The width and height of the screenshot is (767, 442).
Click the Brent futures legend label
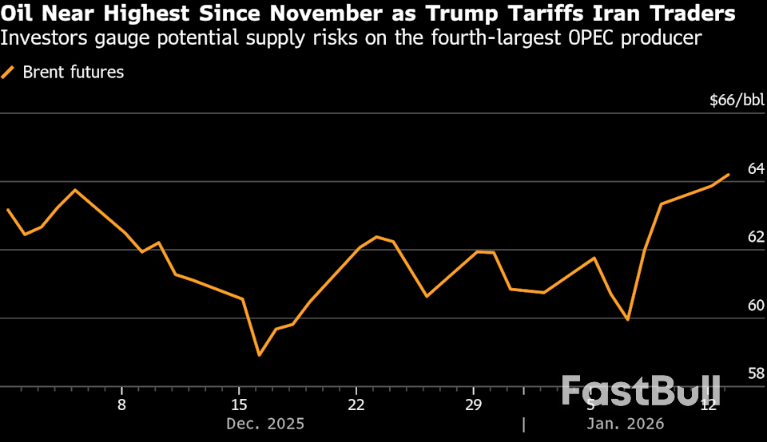(x=74, y=73)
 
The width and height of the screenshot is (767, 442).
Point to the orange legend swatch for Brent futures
(x=9, y=73)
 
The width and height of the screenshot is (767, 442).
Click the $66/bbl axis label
(x=737, y=100)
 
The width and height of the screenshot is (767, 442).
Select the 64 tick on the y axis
(x=756, y=168)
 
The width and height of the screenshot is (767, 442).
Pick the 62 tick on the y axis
(x=756, y=237)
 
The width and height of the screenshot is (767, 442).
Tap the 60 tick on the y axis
(x=756, y=306)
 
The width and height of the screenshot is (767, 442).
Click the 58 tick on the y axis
(x=756, y=373)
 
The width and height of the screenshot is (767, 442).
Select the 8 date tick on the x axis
(x=121, y=405)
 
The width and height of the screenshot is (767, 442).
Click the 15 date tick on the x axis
(x=239, y=405)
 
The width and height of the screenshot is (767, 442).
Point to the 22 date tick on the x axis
(x=356, y=405)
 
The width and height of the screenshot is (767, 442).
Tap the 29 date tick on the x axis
(x=473, y=405)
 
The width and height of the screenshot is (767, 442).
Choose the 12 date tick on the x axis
(x=708, y=405)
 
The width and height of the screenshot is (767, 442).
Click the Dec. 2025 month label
(x=265, y=424)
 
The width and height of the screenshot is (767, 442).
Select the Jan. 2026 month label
(x=626, y=424)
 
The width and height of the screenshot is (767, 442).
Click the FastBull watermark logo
(x=641, y=391)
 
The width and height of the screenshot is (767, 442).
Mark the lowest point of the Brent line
(x=259, y=355)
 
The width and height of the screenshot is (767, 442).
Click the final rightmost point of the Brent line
(x=729, y=174)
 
